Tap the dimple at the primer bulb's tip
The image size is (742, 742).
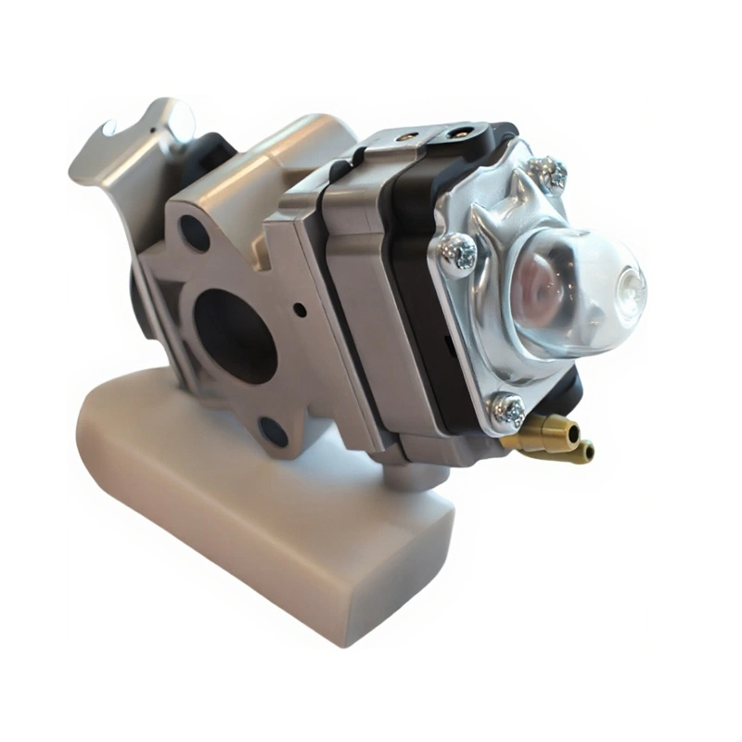click(631, 280)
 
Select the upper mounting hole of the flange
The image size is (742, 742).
click(194, 232)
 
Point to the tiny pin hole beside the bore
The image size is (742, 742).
click(300, 309)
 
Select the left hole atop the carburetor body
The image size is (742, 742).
click(405, 135)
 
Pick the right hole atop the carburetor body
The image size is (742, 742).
click(456, 133)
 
